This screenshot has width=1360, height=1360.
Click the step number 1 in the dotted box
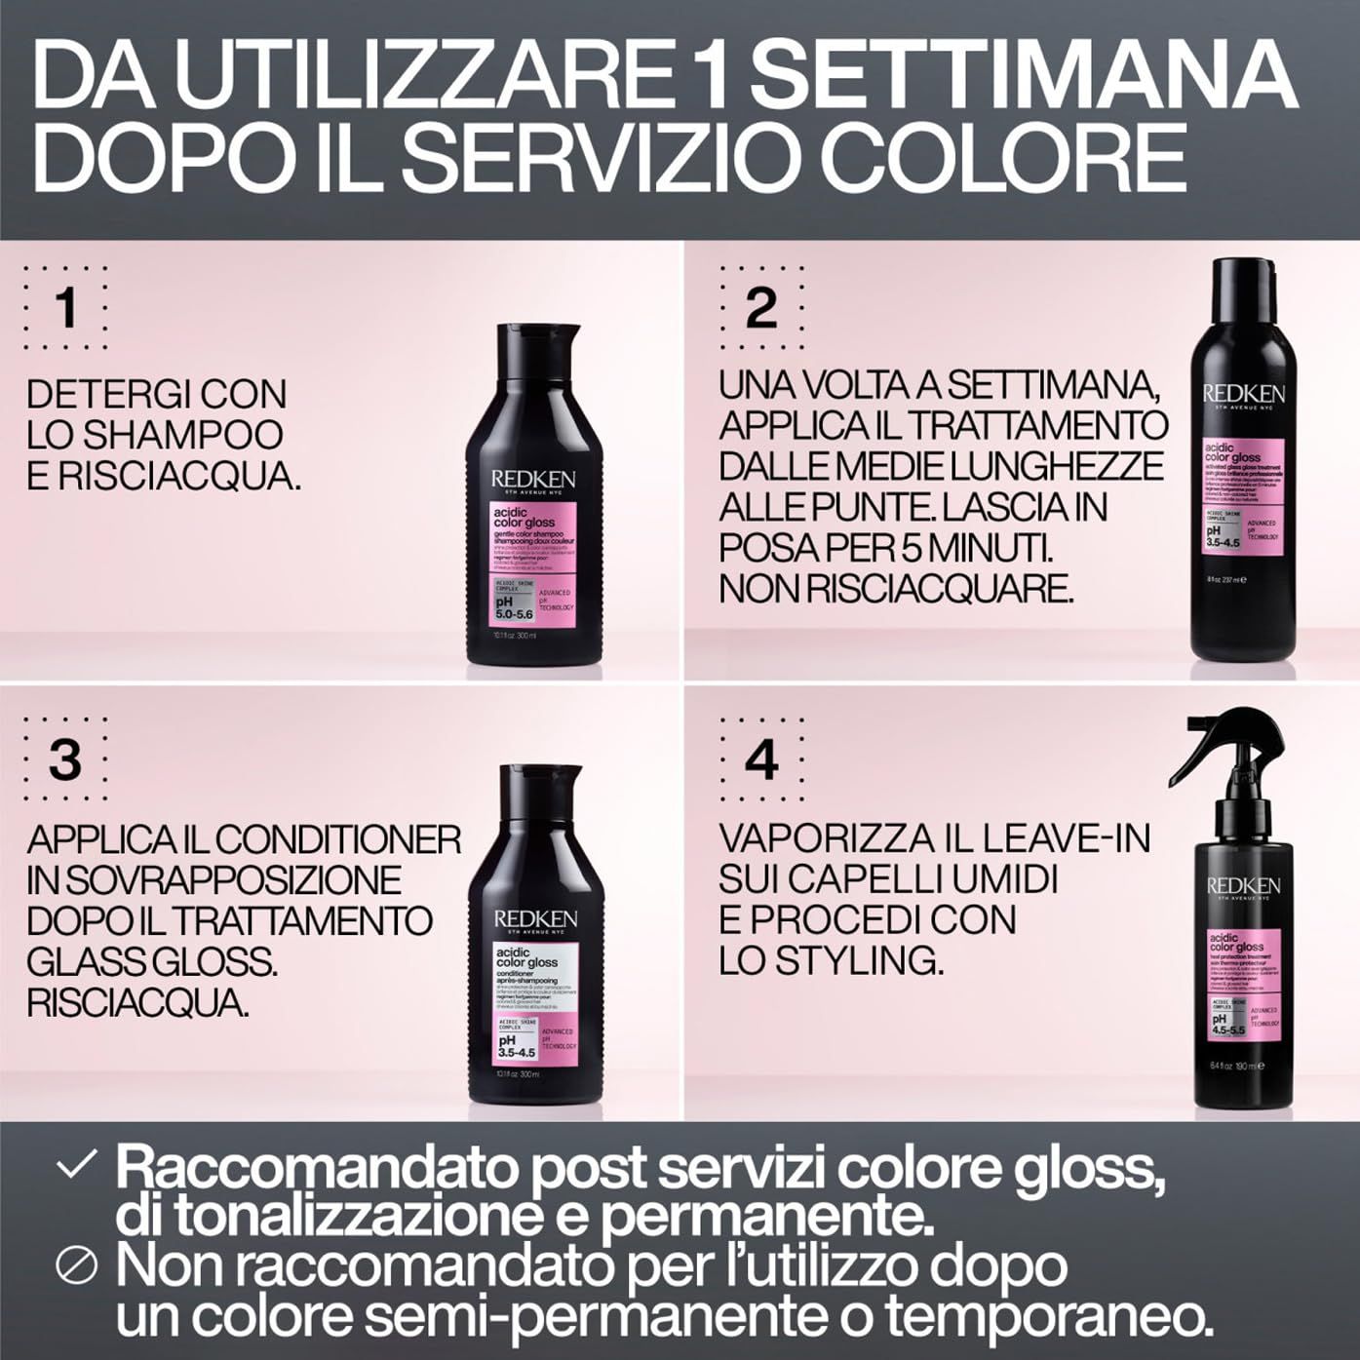(65, 308)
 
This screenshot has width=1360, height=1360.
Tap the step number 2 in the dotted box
(760, 308)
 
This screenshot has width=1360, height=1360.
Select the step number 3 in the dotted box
(65, 759)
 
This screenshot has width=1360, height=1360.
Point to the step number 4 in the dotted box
(760, 759)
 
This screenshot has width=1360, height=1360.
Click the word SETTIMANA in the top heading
(1023, 75)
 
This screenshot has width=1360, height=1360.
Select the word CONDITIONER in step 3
(338, 839)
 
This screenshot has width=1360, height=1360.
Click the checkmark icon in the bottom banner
(77, 1166)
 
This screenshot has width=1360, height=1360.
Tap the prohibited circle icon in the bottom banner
(77, 1266)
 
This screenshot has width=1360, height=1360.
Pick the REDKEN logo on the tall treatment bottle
(1243, 394)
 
